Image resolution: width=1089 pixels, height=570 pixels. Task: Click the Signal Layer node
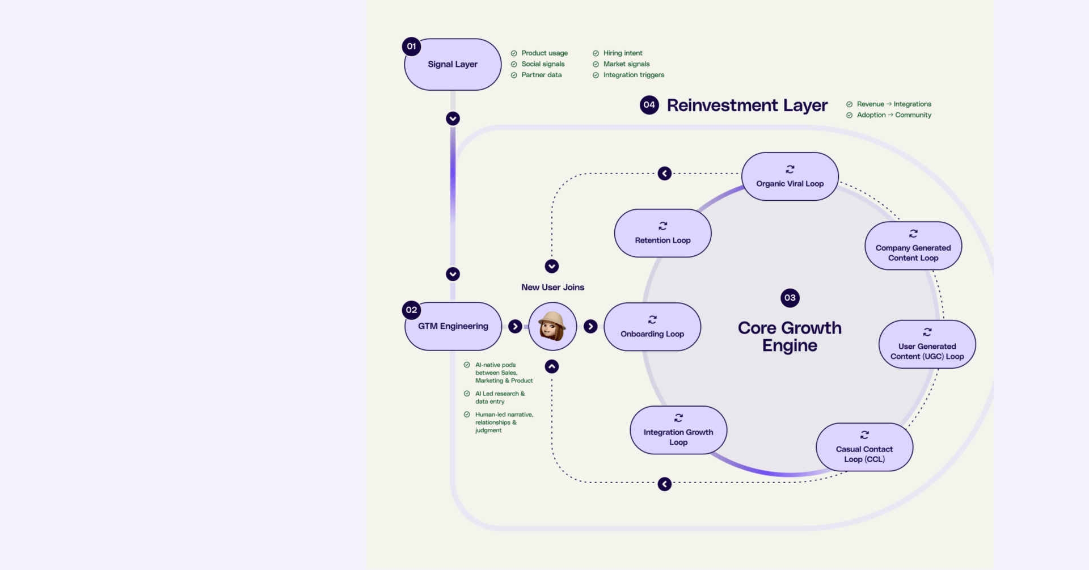click(453, 65)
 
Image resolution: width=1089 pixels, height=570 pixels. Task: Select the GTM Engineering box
click(453, 326)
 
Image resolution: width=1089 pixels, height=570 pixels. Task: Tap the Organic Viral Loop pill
click(790, 176)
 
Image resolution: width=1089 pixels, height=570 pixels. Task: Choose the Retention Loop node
click(662, 233)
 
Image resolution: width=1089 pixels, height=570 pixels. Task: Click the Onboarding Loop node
click(652, 327)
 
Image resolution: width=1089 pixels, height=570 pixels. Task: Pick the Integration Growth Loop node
click(678, 430)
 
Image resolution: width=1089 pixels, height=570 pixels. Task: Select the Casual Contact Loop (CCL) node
click(864, 447)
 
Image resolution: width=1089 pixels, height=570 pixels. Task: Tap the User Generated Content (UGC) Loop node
click(927, 344)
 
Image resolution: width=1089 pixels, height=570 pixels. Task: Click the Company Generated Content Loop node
click(913, 246)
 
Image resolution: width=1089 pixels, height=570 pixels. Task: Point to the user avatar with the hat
click(552, 326)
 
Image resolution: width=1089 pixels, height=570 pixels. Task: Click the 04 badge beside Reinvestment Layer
click(649, 105)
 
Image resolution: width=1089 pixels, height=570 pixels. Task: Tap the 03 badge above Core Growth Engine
click(790, 298)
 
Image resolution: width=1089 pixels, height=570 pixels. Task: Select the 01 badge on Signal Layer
click(411, 47)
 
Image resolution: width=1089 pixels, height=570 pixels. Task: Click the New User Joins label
click(552, 288)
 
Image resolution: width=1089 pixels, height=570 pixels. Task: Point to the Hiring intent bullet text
click(622, 53)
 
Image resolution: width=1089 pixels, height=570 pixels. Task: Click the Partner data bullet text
click(541, 75)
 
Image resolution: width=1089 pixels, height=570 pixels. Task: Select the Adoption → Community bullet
click(893, 115)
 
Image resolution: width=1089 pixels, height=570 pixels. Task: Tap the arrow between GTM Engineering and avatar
click(515, 326)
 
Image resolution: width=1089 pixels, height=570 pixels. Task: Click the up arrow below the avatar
click(552, 366)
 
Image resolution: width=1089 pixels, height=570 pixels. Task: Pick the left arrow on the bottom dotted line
click(664, 484)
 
